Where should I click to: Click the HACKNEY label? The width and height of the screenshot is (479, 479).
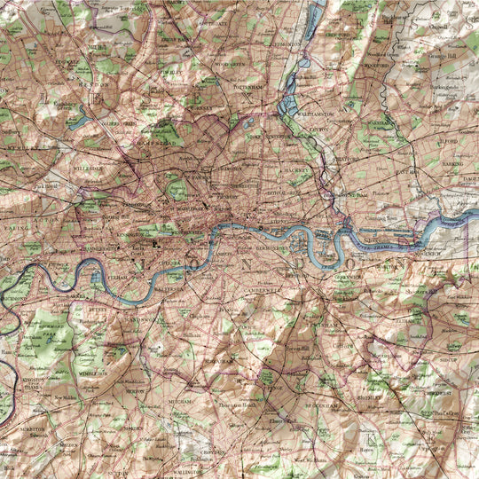coord(297,168)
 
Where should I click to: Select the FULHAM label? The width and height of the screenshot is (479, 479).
coord(119,277)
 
